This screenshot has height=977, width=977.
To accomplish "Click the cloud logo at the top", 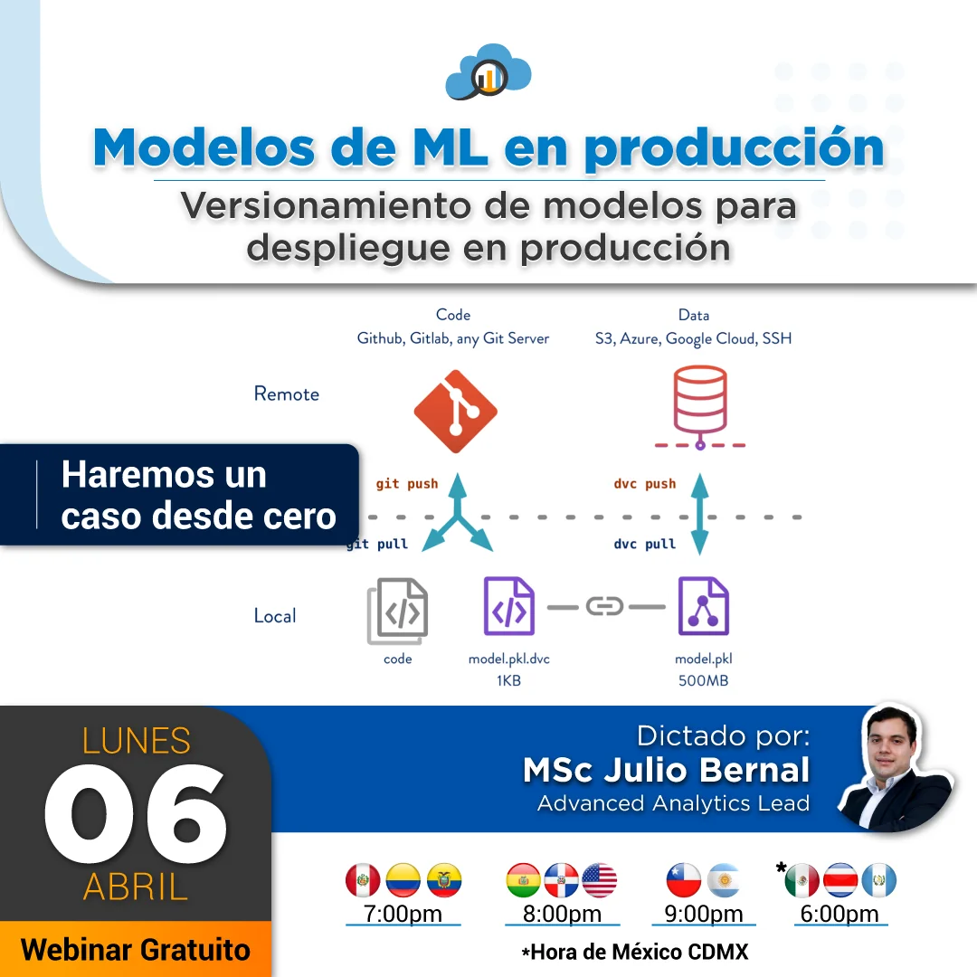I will [x=488, y=71].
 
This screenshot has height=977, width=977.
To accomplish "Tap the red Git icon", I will [x=455, y=412].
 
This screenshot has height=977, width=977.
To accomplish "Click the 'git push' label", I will [x=407, y=484].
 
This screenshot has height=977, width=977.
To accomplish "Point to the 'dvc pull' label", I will [x=645, y=545].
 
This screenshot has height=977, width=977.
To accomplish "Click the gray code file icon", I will [x=398, y=611].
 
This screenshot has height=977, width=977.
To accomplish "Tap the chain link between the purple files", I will [x=605, y=606].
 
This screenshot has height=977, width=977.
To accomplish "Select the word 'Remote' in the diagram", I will [x=287, y=394].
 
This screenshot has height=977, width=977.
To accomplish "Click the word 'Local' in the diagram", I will [x=275, y=616].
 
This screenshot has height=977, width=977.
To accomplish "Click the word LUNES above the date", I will [x=137, y=741].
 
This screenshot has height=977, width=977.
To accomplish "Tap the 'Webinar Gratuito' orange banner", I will [x=136, y=950].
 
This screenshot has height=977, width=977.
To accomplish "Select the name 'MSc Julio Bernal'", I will [x=667, y=770].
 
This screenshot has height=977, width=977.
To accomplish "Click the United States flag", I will [x=599, y=880].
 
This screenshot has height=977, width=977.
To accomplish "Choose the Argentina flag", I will [x=724, y=880].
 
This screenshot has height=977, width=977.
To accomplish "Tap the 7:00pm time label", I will [x=403, y=914].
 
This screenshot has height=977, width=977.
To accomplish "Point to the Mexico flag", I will [x=802, y=880].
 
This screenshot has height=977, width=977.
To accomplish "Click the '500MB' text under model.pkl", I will [x=704, y=680].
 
